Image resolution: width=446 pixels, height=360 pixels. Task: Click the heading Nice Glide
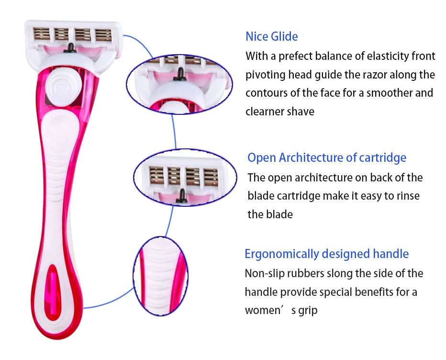[x=271, y=36]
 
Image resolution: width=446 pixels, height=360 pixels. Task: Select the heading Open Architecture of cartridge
[x=327, y=157]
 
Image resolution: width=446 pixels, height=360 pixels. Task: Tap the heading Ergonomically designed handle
[x=326, y=254]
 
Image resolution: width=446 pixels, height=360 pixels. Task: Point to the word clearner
[x=265, y=112]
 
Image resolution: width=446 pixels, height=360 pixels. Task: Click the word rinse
[x=408, y=196]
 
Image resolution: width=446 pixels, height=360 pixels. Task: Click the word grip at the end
[x=307, y=310]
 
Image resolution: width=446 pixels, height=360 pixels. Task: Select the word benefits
[x=376, y=292]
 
